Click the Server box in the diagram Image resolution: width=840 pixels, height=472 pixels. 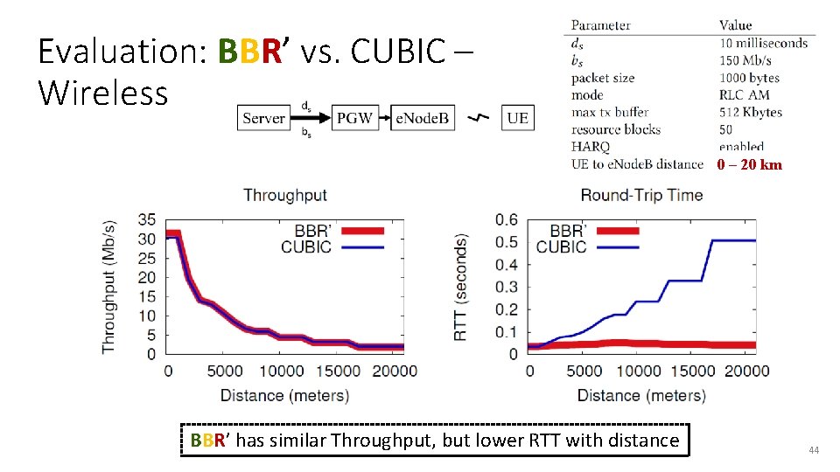pyautogui.click(x=263, y=118)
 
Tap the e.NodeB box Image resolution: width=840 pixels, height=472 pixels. pyautogui.click(x=422, y=118)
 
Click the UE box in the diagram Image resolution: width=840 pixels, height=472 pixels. pyautogui.click(x=517, y=118)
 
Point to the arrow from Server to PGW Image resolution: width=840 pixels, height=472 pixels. pyautogui.click(x=311, y=118)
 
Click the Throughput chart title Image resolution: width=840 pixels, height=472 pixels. pyautogui.click(x=285, y=195)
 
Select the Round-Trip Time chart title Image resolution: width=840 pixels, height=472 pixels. pyautogui.click(x=641, y=195)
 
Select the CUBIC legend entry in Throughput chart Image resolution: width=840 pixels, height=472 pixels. pyautogui.click(x=306, y=247)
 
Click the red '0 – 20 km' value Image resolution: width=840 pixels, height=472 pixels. pyautogui.click(x=749, y=164)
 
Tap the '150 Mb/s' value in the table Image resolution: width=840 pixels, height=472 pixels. pyautogui.click(x=745, y=60)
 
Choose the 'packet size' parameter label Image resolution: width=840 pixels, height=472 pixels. pyautogui.click(x=603, y=78)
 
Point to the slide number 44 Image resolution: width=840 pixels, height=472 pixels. pyautogui.click(x=814, y=450)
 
